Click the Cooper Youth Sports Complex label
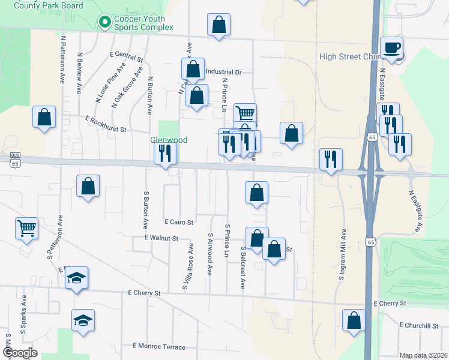[144, 23]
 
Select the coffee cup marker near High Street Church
[392, 48]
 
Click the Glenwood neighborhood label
[169, 140]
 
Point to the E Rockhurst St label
[106, 124]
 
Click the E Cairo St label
[179, 222]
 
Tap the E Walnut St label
[161, 238]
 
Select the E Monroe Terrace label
[159, 346]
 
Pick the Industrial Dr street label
[223, 72]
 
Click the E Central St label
[126, 58]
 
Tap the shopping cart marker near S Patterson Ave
[27, 228]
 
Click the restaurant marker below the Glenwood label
[166, 154]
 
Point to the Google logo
[20, 353]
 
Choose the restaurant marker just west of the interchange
[331, 159]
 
